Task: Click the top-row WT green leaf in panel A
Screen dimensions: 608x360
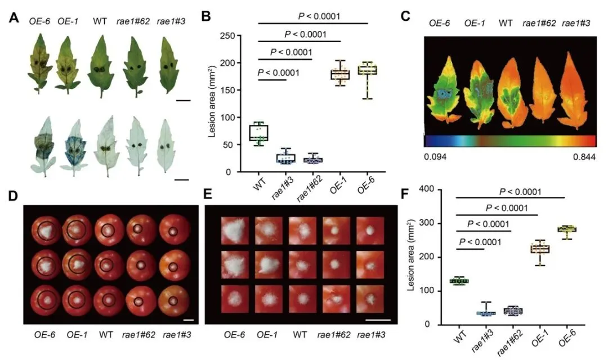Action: pos(101,65)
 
